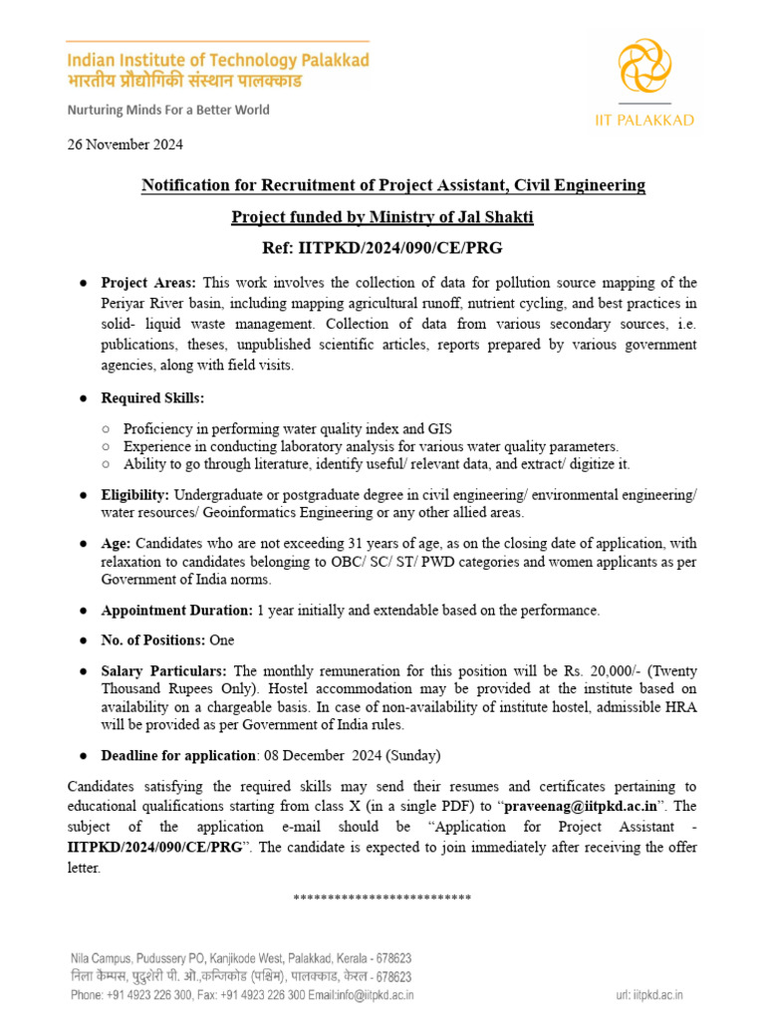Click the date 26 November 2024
(x=125, y=143)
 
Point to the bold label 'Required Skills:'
(x=152, y=397)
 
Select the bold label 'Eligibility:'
(x=134, y=495)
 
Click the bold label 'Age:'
(x=117, y=544)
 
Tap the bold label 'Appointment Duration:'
(x=177, y=610)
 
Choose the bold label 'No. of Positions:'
(x=152, y=640)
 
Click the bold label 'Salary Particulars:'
(x=164, y=672)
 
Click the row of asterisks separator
(x=382, y=897)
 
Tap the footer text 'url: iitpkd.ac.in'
(x=650, y=994)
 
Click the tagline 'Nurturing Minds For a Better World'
(x=168, y=110)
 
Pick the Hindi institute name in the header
(x=217, y=81)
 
